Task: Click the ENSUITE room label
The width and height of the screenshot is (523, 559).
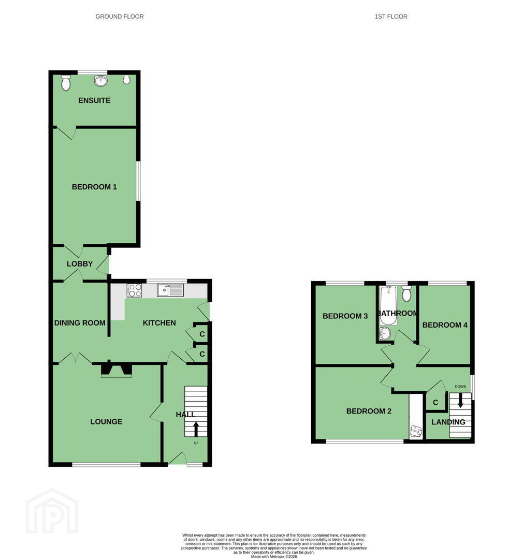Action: [x=94, y=100]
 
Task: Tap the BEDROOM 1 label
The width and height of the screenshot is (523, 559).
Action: [x=94, y=187]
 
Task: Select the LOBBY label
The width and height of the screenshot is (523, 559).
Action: [x=80, y=264]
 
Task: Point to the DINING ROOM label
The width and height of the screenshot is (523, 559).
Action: [x=80, y=323]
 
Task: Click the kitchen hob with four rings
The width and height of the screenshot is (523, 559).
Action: [x=134, y=290]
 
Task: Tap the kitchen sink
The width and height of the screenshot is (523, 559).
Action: [x=170, y=290]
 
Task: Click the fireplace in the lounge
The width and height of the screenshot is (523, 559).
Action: [x=117, y=370]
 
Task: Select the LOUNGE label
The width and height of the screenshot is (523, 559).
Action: [x=106, y=422]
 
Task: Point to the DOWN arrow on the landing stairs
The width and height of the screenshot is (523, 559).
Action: [x=460, y=400]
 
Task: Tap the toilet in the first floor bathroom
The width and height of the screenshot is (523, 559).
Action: [x=406, y=294]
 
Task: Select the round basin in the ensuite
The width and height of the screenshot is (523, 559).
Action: [x=101, y=81]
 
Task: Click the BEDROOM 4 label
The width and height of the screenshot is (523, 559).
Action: [x=445, y=325]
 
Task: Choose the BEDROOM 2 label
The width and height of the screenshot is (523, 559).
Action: [x=369, y=411]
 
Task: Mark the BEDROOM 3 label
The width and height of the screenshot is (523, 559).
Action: [x=345, y=316]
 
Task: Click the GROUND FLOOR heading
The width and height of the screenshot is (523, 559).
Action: [x=120, y=17]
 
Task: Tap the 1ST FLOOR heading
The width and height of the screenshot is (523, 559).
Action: [x=391, y=17]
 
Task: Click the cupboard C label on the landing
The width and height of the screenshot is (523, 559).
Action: [x=435, y=403]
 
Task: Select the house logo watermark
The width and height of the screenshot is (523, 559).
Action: [x=52, y=511]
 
